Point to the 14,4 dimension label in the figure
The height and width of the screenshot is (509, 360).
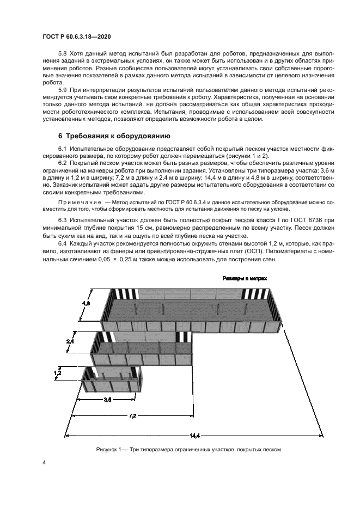pyautogui.click(x=194, y=434)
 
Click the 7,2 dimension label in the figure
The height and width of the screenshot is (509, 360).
pyautogui.click(x=132, y=415)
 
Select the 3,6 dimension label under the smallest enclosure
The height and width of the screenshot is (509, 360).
pyautogui.click(x=108, y=399)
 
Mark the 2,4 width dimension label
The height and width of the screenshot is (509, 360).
pyautogui.click(x=70, y=340)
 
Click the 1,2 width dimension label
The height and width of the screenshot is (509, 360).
pyautogui.click(x=58, y=373)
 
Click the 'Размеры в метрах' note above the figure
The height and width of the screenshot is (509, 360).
pyautogui.click(x=245, y=278)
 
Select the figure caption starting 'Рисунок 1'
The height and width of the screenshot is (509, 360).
pyautogui.click(x=188, y=450)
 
